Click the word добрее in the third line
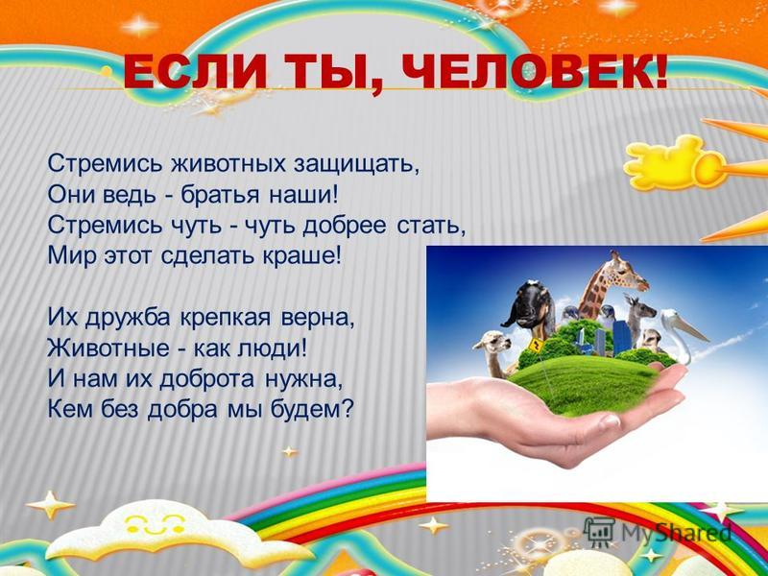(347, 226)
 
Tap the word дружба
(129, 319)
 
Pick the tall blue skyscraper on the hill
(621, 337)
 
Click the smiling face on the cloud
(155, 523)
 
